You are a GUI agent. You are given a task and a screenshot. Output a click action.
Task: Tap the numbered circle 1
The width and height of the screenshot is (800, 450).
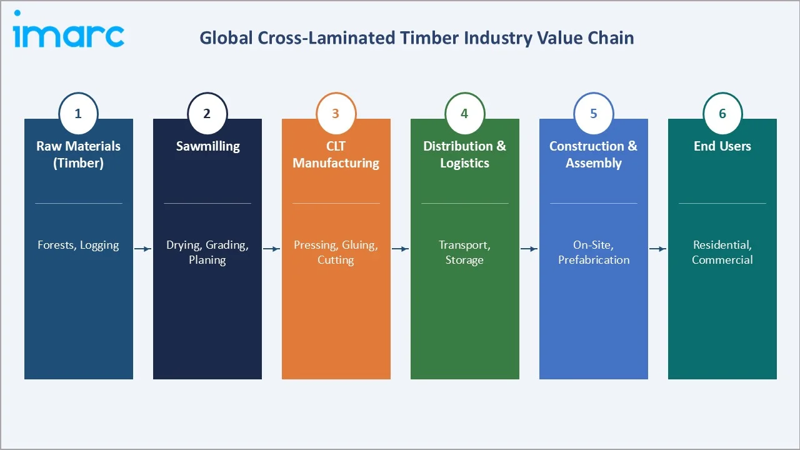(x=78, y=114)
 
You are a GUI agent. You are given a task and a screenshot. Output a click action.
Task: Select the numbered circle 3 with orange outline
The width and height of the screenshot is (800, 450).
(x=336, y=114)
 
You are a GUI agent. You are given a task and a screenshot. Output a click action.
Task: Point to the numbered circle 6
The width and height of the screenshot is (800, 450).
(x=722, y=114)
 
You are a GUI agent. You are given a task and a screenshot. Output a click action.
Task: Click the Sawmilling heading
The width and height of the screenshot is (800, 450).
(x=207, y=146)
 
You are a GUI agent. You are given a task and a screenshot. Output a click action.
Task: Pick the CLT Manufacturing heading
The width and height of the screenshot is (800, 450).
(x=336, y=154)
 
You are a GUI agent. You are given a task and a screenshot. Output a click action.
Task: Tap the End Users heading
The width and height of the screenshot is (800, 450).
(x=722, y=146)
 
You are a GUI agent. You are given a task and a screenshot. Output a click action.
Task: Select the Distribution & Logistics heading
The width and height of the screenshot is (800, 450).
(x=464, y=154)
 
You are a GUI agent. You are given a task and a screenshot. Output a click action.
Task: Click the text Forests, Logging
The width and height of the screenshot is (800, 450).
(x=78, y=245)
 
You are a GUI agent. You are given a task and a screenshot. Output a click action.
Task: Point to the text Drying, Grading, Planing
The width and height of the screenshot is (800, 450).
(x=207, y=252)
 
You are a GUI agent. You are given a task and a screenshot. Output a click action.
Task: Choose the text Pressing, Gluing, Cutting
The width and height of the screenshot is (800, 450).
(x=336, y=252)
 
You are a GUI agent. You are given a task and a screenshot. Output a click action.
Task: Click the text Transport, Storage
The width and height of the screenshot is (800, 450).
(x=464, y=252)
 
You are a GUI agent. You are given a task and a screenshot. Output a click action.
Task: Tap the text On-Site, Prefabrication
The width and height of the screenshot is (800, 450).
(x=594, y=252)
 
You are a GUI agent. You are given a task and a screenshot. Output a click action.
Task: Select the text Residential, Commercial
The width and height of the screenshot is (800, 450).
(x=722, y=252)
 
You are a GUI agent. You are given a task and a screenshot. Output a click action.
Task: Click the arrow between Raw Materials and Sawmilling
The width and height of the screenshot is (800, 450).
(x=143, y=249)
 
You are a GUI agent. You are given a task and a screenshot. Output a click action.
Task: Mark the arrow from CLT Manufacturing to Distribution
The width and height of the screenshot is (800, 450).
(x=401, y=249)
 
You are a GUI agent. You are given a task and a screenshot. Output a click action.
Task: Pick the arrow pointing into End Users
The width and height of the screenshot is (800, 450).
(x=658, y=249)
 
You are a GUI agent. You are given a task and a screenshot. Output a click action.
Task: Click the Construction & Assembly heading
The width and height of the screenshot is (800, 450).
(x=594, y=154)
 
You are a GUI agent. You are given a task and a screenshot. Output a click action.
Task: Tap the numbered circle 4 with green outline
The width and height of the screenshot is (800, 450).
(x=464, y=114)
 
